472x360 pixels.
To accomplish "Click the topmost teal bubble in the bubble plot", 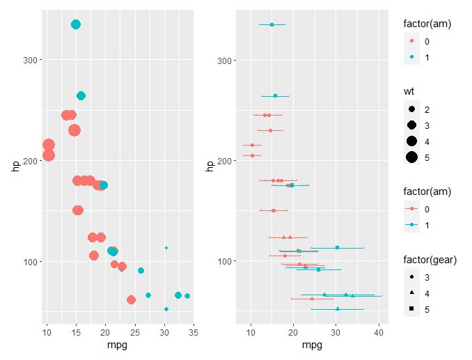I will pyautogui.click(x=76, y=24).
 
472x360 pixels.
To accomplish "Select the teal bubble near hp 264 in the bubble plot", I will pyautogui.click(x=81, y=96).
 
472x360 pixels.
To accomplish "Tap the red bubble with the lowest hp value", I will pyautogui.click(x=131, y=300).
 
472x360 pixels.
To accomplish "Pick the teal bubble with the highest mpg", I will pyautogui.click(x=187, y=296).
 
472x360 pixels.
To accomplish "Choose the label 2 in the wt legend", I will pyautogui.click(x=427, y=110).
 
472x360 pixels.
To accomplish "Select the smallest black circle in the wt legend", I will pyautogui.click(x=412, y=110).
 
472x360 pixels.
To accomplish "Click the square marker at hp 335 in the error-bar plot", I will pyautogui.click(x=272, y=24).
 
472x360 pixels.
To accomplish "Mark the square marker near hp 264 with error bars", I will pyautogui.click(x=275, y=96).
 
